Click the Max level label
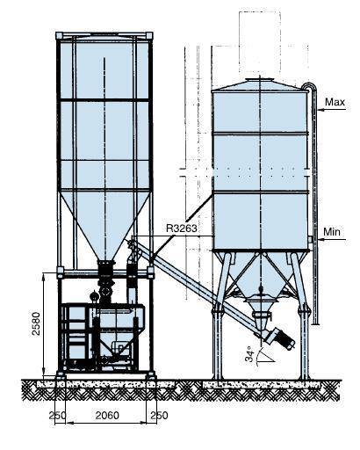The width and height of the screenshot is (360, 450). point(335,102)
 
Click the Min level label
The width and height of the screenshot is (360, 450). point(332,232)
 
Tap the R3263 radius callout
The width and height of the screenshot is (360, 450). point(182,228)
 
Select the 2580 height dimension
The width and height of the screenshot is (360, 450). point(36,323)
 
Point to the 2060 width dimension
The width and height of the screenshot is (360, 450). point(107,415)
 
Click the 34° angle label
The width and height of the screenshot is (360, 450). point(249,354)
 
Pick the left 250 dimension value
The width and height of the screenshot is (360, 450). point(57,416)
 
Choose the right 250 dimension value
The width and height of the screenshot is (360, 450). point(159,415)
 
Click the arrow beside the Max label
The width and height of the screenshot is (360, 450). point(331,110)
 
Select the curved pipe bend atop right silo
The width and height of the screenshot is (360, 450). point(310,86)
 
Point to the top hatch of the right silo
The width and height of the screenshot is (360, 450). point(260,80)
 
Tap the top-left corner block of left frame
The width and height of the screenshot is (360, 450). point(59,36)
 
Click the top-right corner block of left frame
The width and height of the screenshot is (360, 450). point(149,36)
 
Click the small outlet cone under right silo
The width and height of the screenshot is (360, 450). point(261,320)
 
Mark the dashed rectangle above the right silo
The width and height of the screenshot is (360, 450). point(260,44)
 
